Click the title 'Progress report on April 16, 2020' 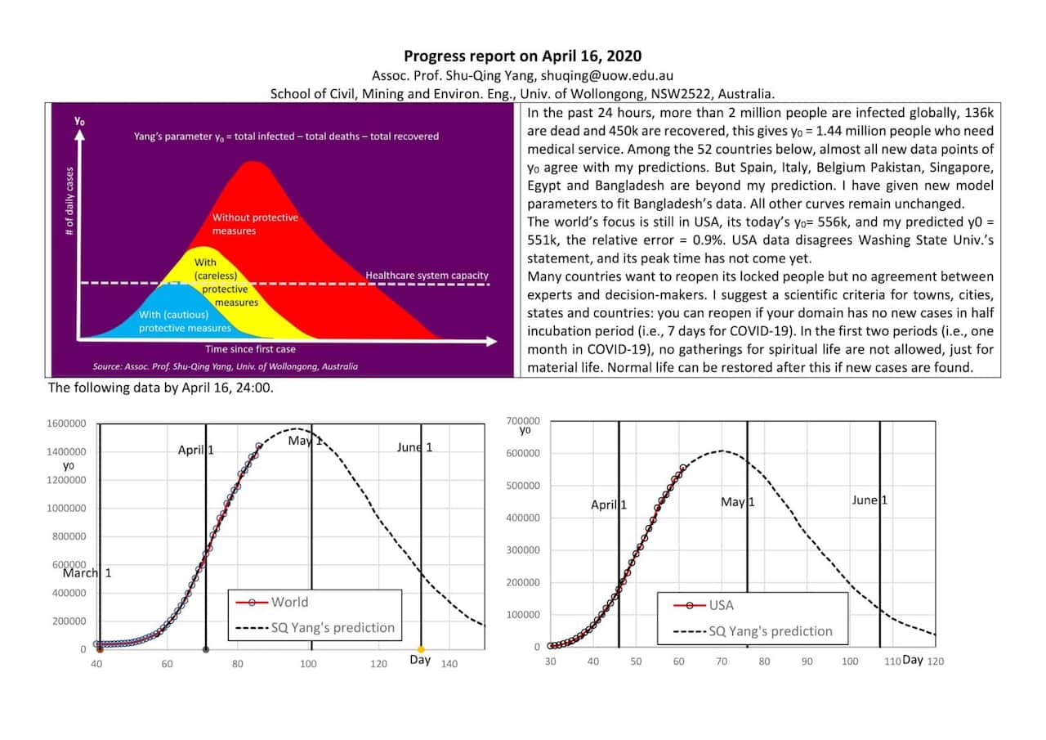pyautogui.click(x=522, y=56)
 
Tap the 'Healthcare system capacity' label pyautogui.click(x=427, y=276)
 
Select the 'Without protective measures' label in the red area pyautogui.click(x=255, y=224)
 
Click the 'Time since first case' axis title pyautogui.click(x=250, y=349)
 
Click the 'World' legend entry pyautogui.click(x=289, y=602)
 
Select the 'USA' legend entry pyautogui.click(x=721, y=605)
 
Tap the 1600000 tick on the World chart pyautogui.click(x=67, y=424)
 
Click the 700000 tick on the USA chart pyautogui.click(x=524, y=420)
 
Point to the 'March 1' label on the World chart pyautogui.click(x=87, y=573)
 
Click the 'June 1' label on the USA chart pyautogui.click(x=869, y=500)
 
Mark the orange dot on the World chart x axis pyautogui.click(x=422, y=649)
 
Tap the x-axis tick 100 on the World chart pyautogui.click(x=308, y=664)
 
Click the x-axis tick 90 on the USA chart pyautogui.click(x=807, y=661)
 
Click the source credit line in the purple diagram pyautogui.click(x=225, y=366)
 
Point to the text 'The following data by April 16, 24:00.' pyautogui.click(x=160, y=388)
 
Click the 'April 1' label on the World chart pyautogui.click(x=196, y=450)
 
